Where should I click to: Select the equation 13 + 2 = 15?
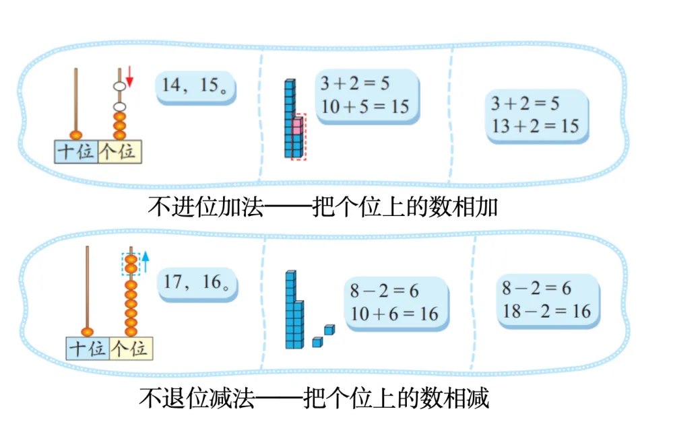click(535, 125)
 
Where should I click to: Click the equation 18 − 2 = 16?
click(546, 310)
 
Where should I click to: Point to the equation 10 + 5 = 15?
click(365, 106)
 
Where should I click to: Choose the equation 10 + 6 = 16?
click(394, 313)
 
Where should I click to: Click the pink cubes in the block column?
click(297, 128)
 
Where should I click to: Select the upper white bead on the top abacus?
click(119, 87)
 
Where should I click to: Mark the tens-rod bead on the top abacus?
click(76, 134)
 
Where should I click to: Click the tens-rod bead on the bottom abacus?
click(88, 331)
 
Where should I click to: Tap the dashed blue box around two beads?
click(131, 263)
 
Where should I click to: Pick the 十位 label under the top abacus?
click(75, 151)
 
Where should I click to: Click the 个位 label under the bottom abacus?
click(131, 349)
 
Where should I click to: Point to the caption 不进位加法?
click(205, 205)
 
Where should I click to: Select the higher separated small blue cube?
click(329, 330)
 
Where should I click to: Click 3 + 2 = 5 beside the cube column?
click(355, 84)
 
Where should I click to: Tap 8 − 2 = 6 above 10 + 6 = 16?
click(384, 291)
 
